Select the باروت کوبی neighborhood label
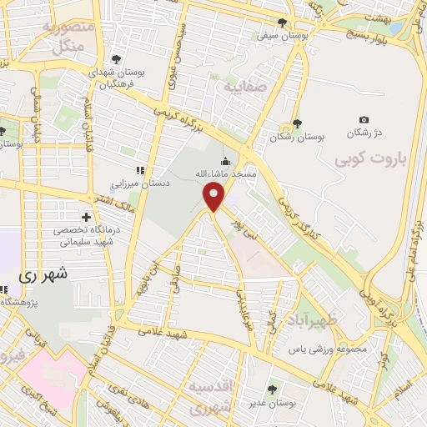[363, 158]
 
